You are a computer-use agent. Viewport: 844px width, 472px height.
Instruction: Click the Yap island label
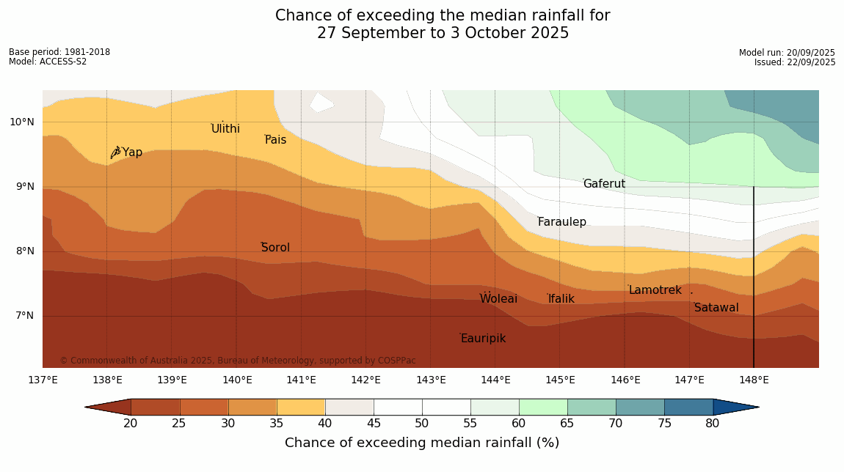(132, 152)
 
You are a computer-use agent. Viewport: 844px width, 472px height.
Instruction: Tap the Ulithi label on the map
(225, 129)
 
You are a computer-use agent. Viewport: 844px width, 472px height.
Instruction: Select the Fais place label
(276, 140)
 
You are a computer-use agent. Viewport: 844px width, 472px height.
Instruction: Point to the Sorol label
(275, 248)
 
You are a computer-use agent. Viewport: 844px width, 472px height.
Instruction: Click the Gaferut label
(604, 184)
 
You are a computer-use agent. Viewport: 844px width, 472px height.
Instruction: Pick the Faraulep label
(561, 222)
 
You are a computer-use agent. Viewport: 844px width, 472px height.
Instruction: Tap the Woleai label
(498, 299)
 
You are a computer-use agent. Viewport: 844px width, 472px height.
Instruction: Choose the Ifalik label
(561, 299)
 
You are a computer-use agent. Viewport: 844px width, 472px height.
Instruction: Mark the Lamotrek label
(655, 290)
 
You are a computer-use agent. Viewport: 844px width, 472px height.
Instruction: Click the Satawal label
(716, 308)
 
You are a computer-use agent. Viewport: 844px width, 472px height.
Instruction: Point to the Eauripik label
(483, 339)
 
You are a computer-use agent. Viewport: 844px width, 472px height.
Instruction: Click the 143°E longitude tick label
(431, 380)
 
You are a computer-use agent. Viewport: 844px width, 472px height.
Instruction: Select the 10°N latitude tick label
(22, 122)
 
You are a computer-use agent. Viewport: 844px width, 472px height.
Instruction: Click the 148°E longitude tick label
(754, 380)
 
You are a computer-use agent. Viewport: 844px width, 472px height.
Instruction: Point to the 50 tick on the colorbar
(421, 423)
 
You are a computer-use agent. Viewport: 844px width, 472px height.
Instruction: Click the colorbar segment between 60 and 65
(542, 407)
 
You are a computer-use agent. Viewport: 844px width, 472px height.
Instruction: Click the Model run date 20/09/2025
(810, 53)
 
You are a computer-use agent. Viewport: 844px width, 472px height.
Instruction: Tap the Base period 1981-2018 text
(59, 52)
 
